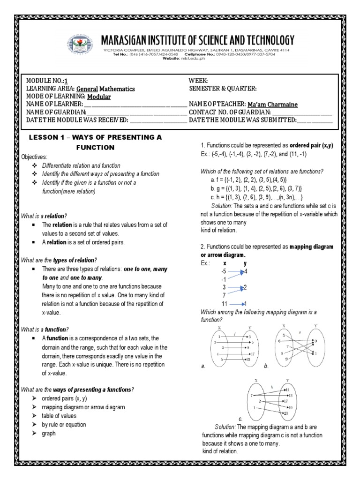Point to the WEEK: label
[198, 81]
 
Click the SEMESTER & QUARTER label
[223, 89]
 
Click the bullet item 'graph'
[49, 433]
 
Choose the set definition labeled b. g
[255, 188]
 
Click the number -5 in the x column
[224, 271]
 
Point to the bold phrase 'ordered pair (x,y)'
[311, 146]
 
